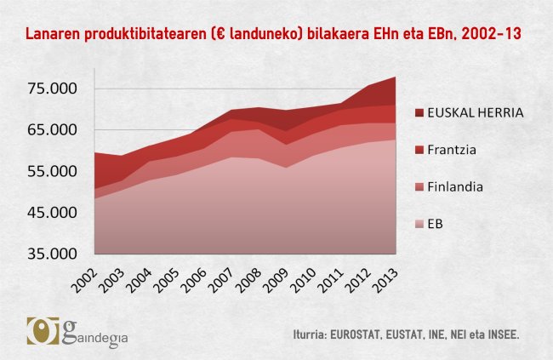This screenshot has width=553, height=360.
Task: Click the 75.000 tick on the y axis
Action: pyautogui.click(x=53, y=89)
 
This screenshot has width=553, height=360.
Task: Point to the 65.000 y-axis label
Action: pyautogui.click(x=53, y=130)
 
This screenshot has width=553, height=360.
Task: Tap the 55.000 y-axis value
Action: pyautogui.click(x=53, y=171)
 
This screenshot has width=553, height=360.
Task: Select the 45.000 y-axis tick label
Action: pyautogui.click(x=53, y=213)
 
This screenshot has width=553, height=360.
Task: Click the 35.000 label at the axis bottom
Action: pyautogui.click(x=53, y=254)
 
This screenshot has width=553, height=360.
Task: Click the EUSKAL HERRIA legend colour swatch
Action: pyautogui.click(x=420, y=112)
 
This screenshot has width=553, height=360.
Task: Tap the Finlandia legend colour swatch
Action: pyautogui.click(x=420, y=186)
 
